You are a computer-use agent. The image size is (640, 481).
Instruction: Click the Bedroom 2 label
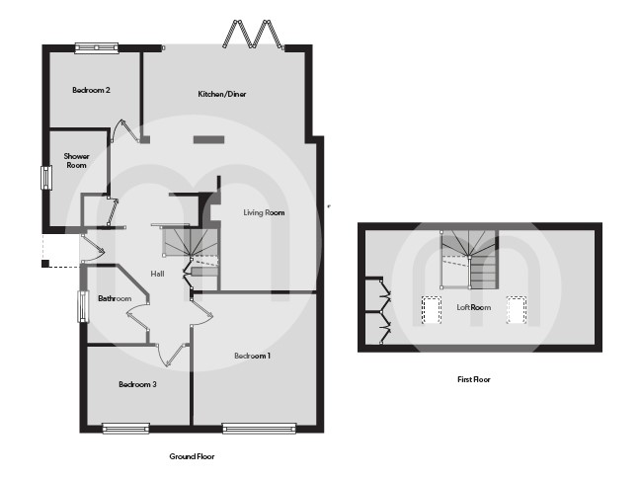click(91, 90)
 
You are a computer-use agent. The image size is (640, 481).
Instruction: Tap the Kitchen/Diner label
click(222, 94)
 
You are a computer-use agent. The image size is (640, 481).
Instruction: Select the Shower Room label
click(77, 160)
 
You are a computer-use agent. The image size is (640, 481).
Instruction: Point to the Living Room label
click(264, 212)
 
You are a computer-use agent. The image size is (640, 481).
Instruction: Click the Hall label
click(157, 274)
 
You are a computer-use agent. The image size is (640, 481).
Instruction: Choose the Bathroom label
click(115, 298)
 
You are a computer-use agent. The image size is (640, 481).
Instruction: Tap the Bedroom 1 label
click(252, 356)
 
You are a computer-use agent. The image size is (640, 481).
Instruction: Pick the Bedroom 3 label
click(137, 384)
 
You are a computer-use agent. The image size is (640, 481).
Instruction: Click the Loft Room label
click(473, 307)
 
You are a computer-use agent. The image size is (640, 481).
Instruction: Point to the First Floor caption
click(474, 379)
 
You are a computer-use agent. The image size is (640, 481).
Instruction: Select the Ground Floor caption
click(193, 456)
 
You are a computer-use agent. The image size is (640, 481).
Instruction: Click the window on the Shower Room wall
click(44, 179)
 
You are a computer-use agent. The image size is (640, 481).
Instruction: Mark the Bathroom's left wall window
click(83, 305)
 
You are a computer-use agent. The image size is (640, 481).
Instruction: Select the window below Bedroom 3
click(126, 428)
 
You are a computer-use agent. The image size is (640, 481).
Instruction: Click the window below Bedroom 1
click(259, 428)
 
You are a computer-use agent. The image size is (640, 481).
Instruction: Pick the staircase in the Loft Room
click(471, 259)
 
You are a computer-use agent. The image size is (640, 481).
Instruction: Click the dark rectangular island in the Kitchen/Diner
click(209, 140)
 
